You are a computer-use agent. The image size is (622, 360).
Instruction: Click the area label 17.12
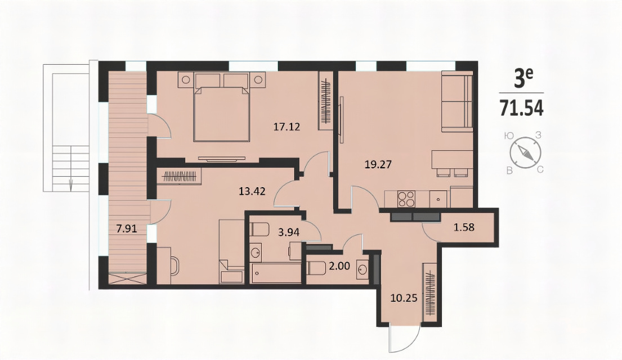(287, 127)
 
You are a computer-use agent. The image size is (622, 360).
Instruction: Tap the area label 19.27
(378, 164)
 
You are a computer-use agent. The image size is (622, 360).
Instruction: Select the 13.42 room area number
(252, 191)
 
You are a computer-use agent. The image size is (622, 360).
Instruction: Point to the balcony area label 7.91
(127, 228)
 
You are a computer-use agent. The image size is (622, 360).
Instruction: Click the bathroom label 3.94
(288, 232)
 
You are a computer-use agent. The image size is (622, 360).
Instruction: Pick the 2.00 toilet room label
(340, 266)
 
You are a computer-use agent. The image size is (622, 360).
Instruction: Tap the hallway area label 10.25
(404, 298)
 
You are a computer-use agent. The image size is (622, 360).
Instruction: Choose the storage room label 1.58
(464, 228)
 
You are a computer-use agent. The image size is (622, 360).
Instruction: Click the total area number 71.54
(521, 107)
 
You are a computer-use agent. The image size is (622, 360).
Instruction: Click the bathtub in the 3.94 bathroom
(276, 273)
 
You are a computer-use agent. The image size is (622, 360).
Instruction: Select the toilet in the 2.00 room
(315, 268)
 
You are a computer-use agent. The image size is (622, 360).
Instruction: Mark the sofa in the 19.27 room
(457, 101)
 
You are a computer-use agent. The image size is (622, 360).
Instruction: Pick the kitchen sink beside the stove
(438, 199)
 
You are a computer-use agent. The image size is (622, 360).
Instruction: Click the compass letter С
(540, 170)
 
